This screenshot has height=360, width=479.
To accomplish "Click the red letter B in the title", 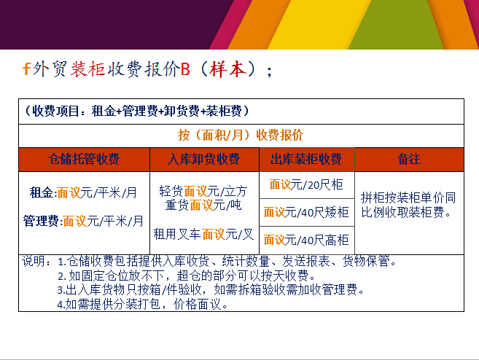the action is click(186, 69).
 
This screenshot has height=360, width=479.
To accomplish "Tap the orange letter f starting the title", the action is click(27, 69).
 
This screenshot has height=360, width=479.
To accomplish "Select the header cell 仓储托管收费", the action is click(84, 160).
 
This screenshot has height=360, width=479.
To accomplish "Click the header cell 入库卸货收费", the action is click(204, 160).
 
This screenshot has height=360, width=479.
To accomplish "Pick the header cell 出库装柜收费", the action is click(307, 160).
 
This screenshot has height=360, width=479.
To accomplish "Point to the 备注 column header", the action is click(409, 160).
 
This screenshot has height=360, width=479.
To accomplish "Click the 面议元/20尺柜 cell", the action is click(306, 184).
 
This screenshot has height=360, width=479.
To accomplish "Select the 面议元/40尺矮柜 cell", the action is click(306, 212).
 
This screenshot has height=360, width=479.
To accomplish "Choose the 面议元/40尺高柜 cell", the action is click(306, 240).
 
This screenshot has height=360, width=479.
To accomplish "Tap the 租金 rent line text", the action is click(83, 192).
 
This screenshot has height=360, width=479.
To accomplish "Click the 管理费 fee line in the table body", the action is click(83, 221).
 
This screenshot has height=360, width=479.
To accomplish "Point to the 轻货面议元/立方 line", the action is click(203, 191).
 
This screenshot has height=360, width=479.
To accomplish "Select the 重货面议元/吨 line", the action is click(203, 205).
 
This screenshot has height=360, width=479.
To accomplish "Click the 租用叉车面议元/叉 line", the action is click(203, 234).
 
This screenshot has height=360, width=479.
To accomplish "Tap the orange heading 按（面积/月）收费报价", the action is click(241, 135).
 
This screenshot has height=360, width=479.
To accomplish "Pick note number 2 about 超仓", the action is click(187, 275).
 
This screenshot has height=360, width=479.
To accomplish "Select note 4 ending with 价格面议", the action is click(142, 304).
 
